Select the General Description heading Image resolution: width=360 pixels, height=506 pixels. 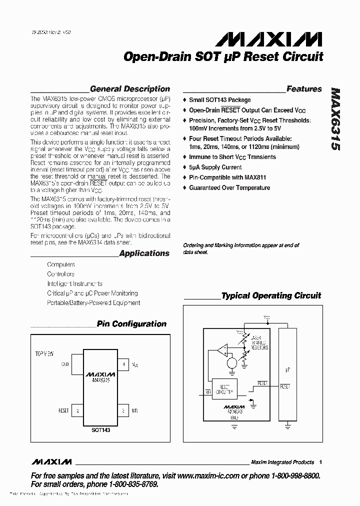[129, 89]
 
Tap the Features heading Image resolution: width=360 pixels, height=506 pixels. [304, 89]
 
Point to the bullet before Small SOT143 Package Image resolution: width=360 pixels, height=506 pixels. [184, 100]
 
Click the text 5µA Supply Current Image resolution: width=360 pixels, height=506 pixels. [215, 167]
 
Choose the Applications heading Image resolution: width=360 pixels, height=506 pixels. [144, 253]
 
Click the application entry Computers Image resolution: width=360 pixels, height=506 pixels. [61, 264]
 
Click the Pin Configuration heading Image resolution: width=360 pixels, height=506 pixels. [131, 324]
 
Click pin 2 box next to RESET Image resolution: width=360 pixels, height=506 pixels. [77, 411]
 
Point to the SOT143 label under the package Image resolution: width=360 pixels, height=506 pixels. [100, 429]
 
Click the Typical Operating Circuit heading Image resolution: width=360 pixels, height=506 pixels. [271, 295]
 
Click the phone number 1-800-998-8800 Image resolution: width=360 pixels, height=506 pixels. [292, 475]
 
